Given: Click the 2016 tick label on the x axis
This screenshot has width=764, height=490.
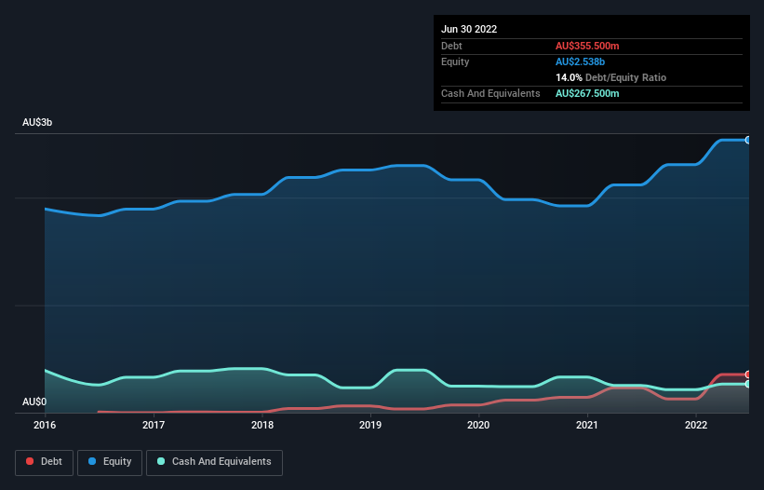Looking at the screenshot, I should click(x=45, y=426).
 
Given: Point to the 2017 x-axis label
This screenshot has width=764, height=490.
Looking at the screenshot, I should click(x=154, y=426).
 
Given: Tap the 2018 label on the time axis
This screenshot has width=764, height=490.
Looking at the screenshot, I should click(x=262, y=426).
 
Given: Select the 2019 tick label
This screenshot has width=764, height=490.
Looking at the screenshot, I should click(x=370, y=426).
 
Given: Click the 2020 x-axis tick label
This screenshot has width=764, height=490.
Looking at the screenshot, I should click(x=478, y=426).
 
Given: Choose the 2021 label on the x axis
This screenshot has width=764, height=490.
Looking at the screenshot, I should click(x=587, y=426).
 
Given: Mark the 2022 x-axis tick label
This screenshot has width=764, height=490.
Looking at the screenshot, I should click(x=695, y=426).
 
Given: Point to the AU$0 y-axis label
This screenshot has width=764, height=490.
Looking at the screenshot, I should click(x=34, y=402).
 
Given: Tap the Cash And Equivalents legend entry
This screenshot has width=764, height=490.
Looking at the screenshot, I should click(x=214, y=462).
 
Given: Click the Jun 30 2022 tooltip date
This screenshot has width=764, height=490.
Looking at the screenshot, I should click(x=469, y=29).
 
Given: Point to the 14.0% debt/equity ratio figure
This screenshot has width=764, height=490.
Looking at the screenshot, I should click(x=568, y=77).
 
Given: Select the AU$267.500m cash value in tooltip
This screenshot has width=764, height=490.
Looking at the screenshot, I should click(x=587, y=93).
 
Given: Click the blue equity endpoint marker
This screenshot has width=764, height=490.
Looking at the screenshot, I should click(x=748, y=140).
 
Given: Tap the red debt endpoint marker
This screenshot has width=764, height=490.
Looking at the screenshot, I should click(x=748, y=374).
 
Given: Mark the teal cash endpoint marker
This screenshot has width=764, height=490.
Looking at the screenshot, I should click(x=748, y=384).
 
